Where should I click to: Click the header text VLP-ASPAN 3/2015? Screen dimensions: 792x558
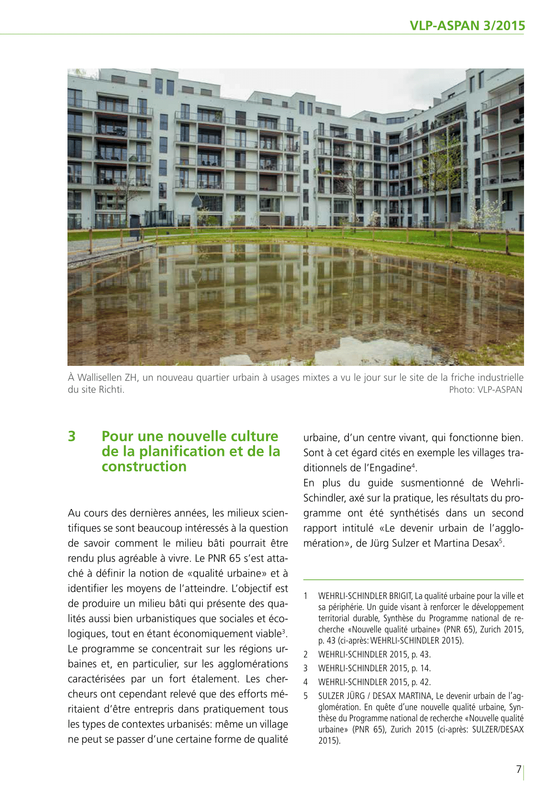(x=467, y=26)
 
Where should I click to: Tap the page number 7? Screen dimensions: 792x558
(x=519, y=769)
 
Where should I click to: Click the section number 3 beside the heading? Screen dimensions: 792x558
(x=72, y=436)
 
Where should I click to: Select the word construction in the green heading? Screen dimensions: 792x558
(x=144, y=466)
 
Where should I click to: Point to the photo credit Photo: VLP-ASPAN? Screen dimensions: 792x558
(x=485, y=390)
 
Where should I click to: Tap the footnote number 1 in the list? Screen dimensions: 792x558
(x=305, y=596)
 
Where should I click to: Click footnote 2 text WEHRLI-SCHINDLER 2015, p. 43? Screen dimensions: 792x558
(x=374, y=655)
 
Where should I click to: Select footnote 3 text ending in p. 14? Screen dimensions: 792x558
(x=374, y=668)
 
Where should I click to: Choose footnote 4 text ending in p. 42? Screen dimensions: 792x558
(x=374, y=682)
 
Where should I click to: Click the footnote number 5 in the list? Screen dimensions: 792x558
(x=305, y=696)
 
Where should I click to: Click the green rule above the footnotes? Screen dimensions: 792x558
(x=413, y=580)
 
